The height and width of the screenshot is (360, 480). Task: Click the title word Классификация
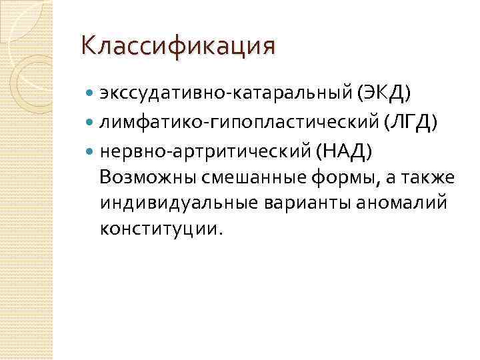click(x=177, y=46)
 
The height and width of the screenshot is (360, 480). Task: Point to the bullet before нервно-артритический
click(x=91, y=152)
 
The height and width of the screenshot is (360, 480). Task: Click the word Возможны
click(x=142, y=178)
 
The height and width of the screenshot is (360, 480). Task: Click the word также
click(x=431, y=178)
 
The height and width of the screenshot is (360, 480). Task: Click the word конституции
click(x=158, y=229)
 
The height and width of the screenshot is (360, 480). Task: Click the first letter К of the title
click(x=88, y=46)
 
